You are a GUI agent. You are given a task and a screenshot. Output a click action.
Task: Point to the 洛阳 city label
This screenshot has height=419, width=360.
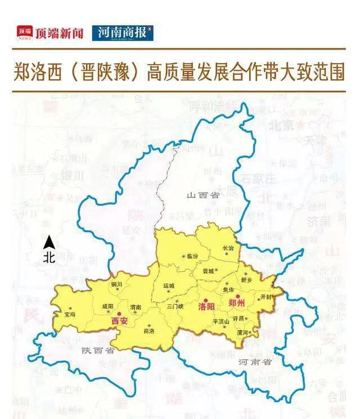207,308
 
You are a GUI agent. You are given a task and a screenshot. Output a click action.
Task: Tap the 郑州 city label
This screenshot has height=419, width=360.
237,303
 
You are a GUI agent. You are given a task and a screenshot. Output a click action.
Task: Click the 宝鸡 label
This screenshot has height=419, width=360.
70,314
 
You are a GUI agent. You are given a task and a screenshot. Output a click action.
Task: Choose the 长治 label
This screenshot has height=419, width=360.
228,248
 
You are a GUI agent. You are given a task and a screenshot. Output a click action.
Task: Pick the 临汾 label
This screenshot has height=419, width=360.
192,256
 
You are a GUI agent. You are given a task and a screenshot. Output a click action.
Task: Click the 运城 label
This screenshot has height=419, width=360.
169,285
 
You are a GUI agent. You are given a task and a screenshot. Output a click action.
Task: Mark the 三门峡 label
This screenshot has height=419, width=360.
176,307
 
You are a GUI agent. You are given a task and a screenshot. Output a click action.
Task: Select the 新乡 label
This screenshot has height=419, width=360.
246,280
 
